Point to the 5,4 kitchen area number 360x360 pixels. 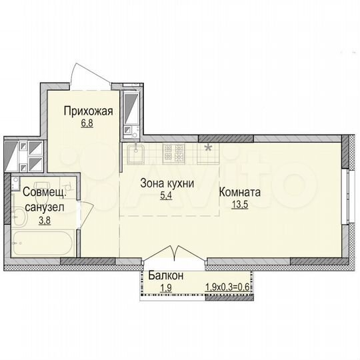click(x=166, y=196)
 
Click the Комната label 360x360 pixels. click(x=240, y=193)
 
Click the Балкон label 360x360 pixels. click(x=166, y=276)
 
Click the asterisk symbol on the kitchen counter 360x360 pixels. click(x=209, y=147)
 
